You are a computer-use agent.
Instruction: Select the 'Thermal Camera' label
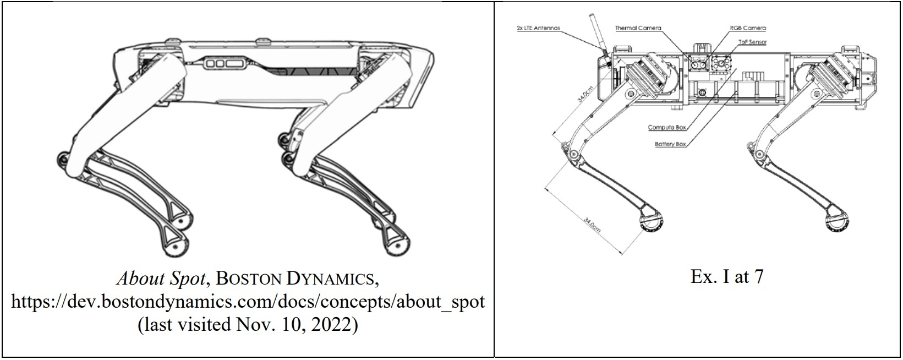tap(638, 28)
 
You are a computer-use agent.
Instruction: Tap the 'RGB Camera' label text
tap(747, 28)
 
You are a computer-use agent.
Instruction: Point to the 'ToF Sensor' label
tap(752, 41)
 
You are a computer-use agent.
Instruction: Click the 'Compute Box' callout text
tap(667, 127)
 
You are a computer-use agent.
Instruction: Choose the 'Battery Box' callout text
tap(670, 144)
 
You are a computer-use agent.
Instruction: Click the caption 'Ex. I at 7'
tap(726, 277)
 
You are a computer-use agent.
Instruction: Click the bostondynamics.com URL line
tap(248, 302)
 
